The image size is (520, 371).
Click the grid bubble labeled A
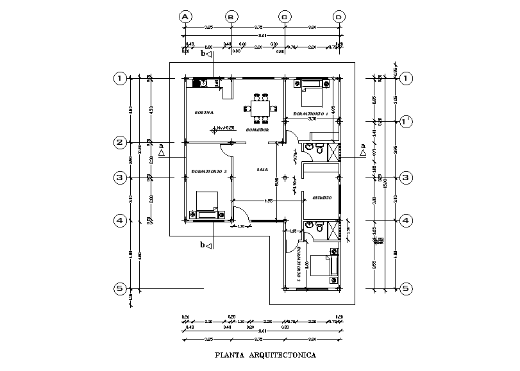click(186, 17)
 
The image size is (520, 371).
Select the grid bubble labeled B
click(232, 17)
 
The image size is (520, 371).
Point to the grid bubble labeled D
click(339, 17)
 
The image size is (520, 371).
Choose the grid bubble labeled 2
click(119, 143)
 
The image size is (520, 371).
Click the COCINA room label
click(204, 113)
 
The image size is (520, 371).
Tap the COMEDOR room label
click(256, 129)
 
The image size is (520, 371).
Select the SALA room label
click(262, 170)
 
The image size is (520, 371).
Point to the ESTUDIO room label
click(321, 198)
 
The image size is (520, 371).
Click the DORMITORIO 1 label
click(310, 113)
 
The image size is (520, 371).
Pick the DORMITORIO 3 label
click(209, 171)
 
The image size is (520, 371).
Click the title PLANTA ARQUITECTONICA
click(264, 354)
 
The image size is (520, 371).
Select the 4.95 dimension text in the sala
click(269, 201)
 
